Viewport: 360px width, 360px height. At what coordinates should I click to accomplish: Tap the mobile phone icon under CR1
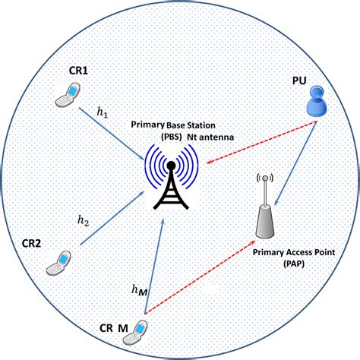68,95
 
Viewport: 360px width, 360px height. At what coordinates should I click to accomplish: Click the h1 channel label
103,112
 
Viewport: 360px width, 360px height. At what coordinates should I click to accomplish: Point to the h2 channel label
84,221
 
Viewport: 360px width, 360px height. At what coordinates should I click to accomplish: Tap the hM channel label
139,289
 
